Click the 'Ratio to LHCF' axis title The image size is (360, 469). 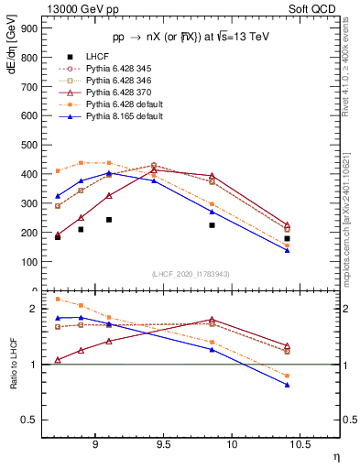point(14,365)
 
